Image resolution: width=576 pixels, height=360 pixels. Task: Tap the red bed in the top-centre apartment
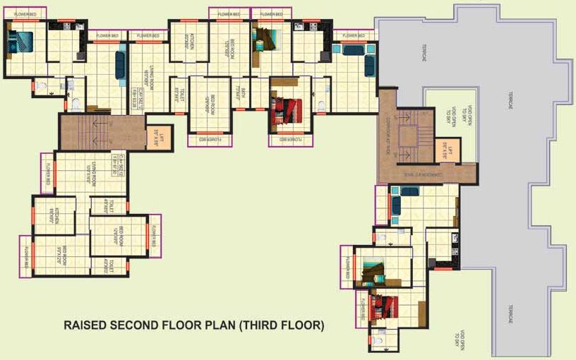pos(287,110)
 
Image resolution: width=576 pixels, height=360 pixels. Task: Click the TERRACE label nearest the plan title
pos(508,314)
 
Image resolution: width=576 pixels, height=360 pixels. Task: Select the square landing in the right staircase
pos(408,136)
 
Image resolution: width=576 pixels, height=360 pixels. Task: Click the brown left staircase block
pos(83,132)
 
